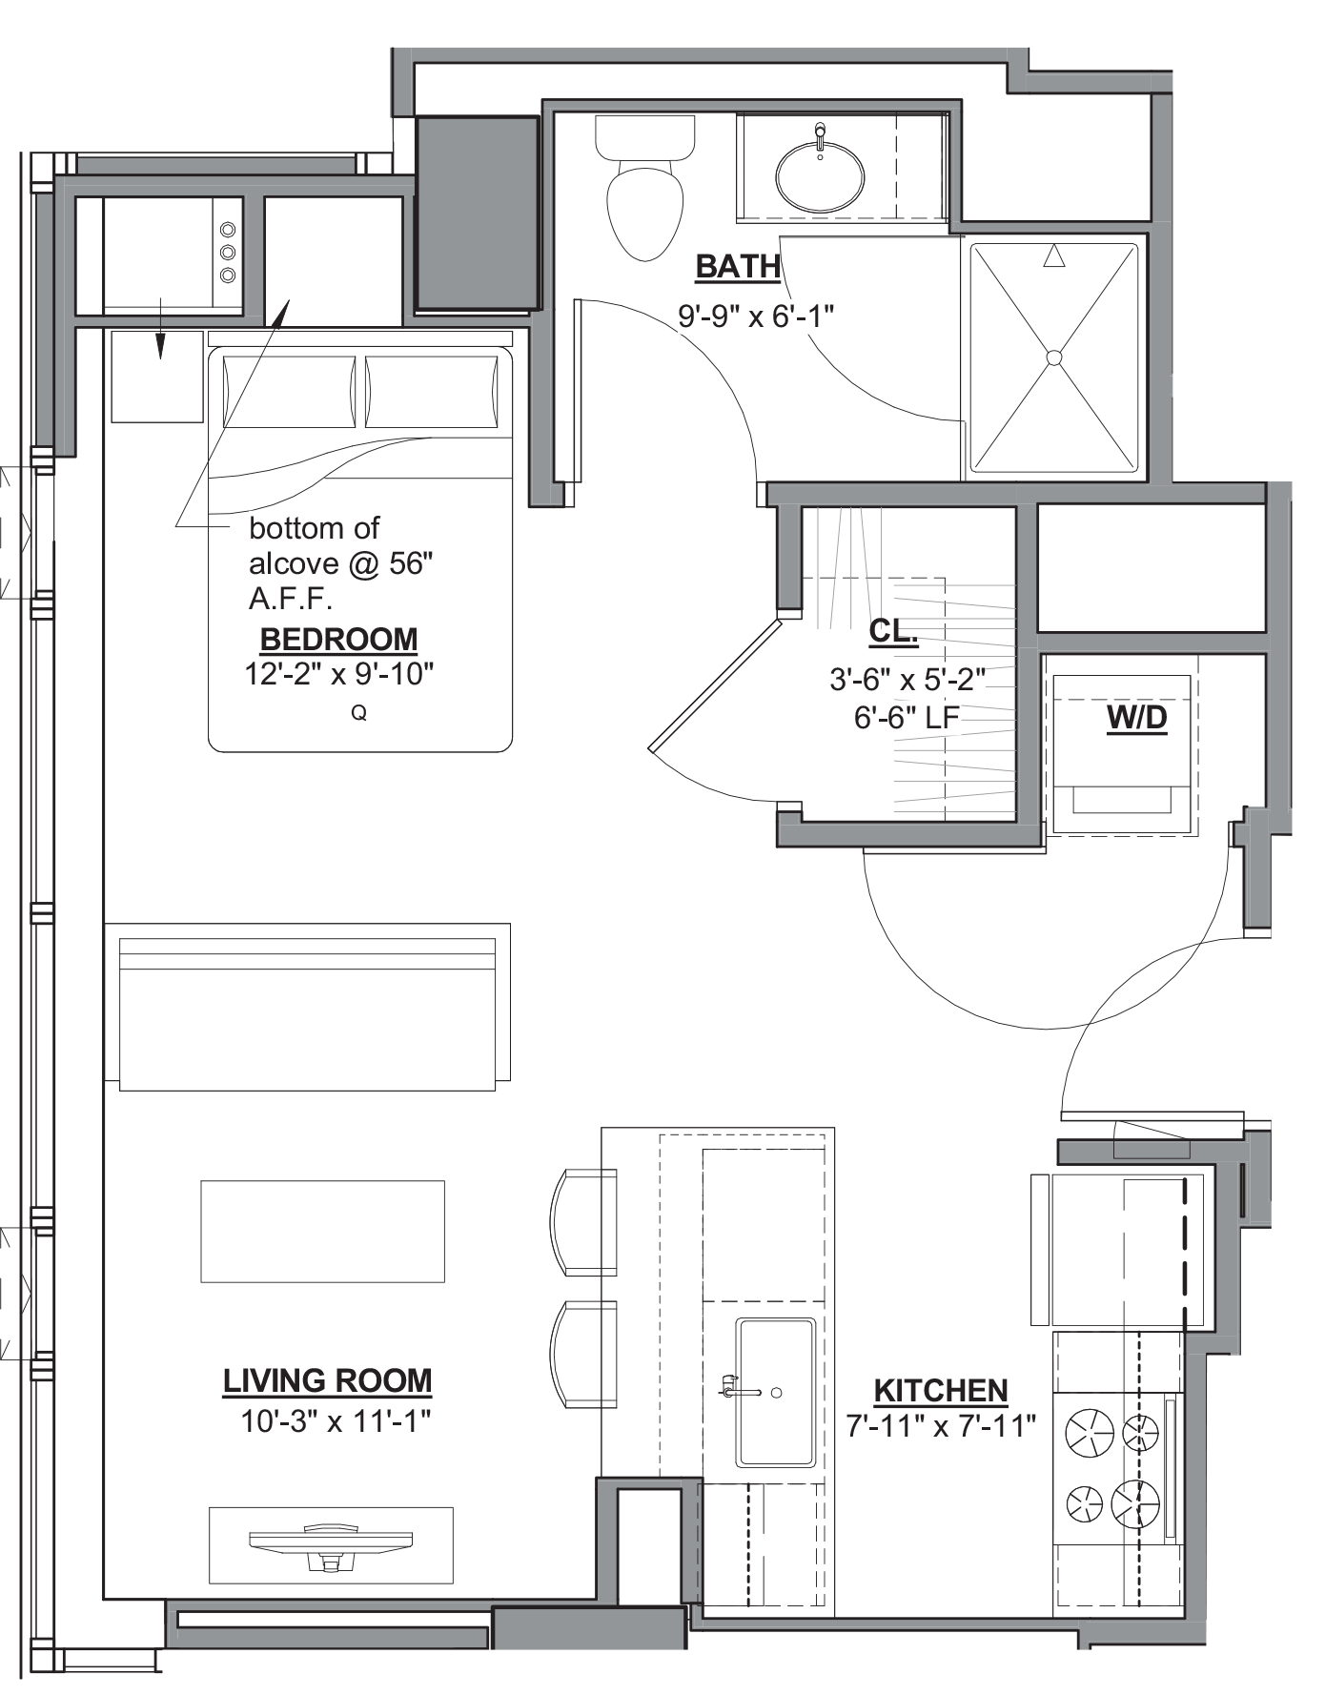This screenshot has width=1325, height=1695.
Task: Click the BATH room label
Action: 738,266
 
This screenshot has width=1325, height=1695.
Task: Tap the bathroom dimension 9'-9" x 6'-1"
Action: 756,317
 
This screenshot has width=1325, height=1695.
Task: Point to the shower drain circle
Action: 1053,357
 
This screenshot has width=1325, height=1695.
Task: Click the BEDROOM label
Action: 338,639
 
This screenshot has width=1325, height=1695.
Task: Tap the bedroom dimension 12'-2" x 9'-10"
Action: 339,675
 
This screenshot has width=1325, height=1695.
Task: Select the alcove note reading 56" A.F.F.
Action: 340,565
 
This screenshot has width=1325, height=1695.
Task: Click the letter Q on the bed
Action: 359,713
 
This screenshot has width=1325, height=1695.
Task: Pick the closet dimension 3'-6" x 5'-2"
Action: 907,681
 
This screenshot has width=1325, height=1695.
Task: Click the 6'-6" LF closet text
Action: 907,718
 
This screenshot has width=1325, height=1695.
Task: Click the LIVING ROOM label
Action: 327,1380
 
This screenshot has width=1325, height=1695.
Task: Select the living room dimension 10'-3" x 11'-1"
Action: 335,1421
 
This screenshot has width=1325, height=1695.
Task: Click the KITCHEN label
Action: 941,1390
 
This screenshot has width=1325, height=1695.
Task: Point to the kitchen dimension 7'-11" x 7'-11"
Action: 941,1427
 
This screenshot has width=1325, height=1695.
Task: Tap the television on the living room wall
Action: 331,1543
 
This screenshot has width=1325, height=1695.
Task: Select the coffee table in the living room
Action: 322,1231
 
